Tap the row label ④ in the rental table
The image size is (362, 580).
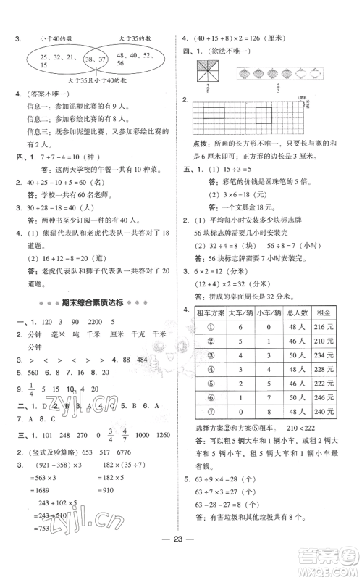coord(210,374)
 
